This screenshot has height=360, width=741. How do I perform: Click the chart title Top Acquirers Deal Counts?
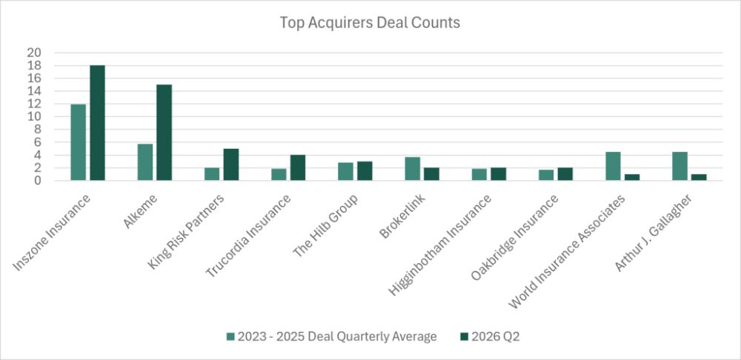pos(370,23)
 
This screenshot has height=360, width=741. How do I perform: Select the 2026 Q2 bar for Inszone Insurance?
pos(97,123)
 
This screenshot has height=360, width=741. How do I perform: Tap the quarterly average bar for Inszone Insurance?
pos(79,142)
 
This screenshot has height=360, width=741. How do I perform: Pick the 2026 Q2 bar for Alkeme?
pos(164,133)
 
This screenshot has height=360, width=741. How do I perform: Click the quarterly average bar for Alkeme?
pos(145,162)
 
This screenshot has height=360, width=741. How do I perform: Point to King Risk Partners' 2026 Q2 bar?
pos(231,164)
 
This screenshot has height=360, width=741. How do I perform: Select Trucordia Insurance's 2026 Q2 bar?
pos(298,167)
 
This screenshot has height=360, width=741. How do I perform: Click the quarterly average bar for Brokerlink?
pos(413,169)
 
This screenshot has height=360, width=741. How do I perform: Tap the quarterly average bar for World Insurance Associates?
pos(613,166)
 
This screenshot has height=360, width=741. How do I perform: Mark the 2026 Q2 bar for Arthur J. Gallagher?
pos(699,177)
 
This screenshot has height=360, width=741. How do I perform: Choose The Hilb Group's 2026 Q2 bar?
pos(365,171)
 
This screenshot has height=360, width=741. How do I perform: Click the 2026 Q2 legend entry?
pos(489,337)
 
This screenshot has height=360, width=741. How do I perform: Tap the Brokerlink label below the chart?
pos(402,216)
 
